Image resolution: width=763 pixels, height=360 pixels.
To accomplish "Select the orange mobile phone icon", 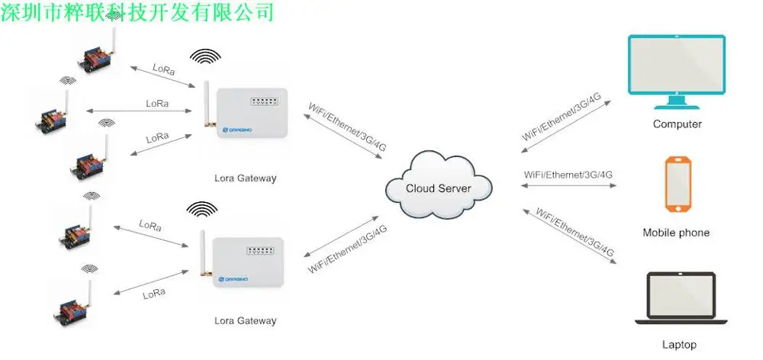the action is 678,184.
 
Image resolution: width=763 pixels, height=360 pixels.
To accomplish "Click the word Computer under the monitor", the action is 678,124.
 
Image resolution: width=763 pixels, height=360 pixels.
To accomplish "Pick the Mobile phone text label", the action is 676,233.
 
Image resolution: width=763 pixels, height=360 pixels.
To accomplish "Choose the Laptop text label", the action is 679,345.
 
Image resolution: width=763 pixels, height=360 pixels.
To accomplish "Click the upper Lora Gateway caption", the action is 245,178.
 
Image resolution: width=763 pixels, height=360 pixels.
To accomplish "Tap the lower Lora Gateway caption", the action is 245,320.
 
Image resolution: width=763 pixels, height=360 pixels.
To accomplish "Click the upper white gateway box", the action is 252,112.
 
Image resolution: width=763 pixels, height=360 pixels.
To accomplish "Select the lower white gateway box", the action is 248,262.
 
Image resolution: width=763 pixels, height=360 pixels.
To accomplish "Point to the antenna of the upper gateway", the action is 208,104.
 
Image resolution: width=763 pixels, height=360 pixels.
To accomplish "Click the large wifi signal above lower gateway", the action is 202,210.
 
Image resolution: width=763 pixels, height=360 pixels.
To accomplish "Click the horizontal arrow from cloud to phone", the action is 569,185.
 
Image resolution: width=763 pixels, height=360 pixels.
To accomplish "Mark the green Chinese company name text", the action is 137,11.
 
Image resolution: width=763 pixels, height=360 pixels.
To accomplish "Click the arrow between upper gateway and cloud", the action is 343,137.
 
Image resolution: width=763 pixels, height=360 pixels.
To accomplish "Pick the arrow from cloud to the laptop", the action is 569,236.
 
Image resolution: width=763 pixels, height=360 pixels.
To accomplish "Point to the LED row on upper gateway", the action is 264,102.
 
